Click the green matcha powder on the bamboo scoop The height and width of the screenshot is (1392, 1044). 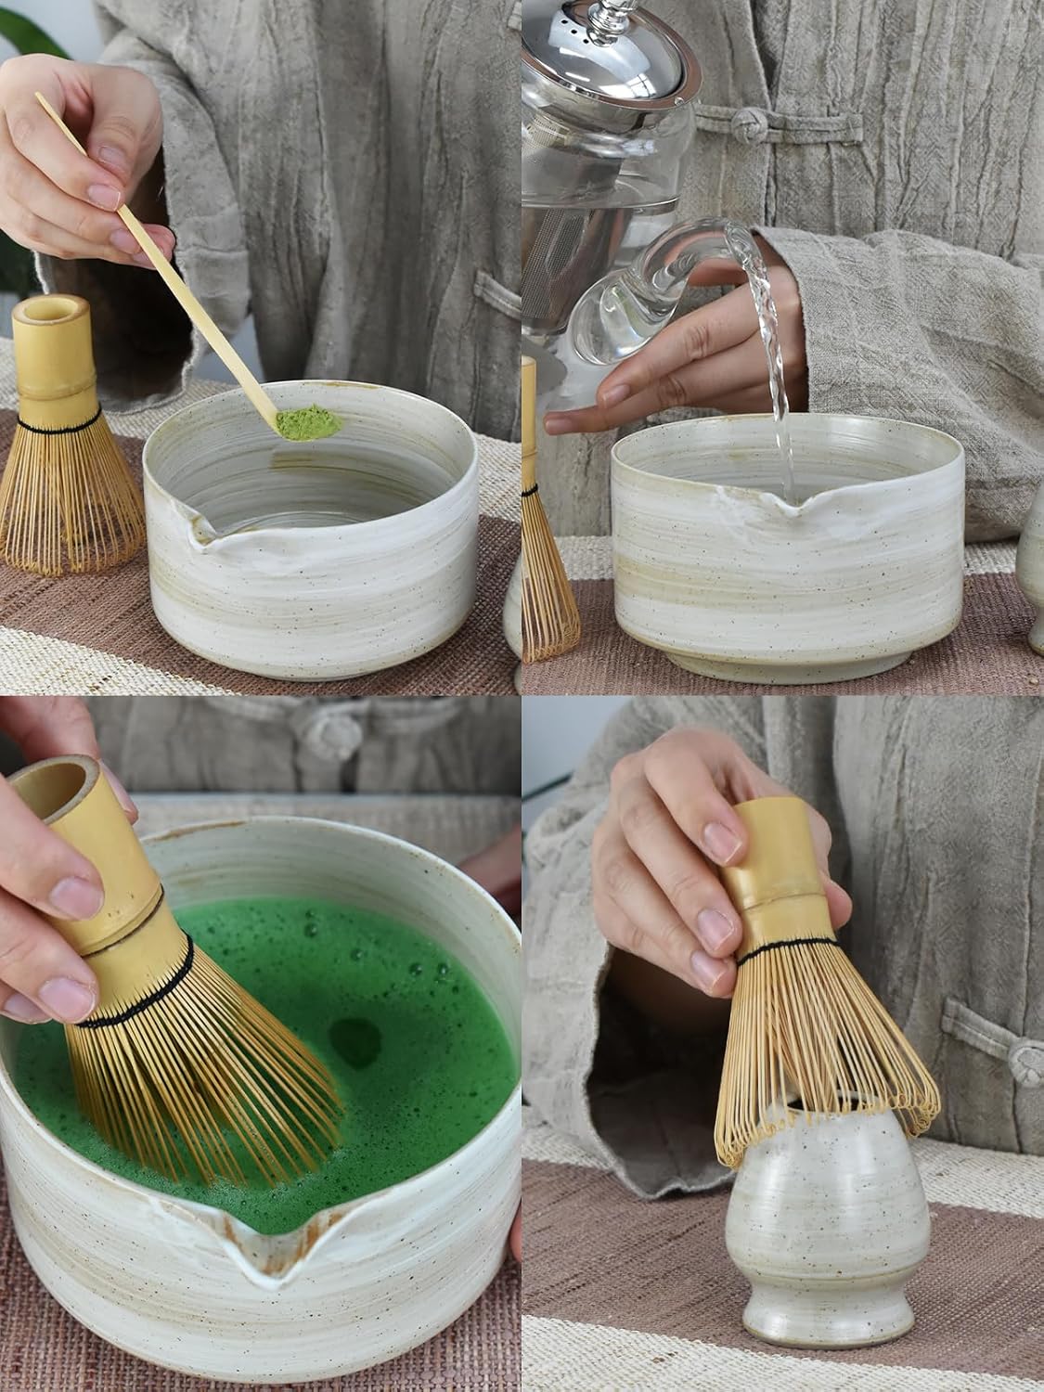point(309,422)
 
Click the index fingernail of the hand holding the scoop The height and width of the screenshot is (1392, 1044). point(103,196)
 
